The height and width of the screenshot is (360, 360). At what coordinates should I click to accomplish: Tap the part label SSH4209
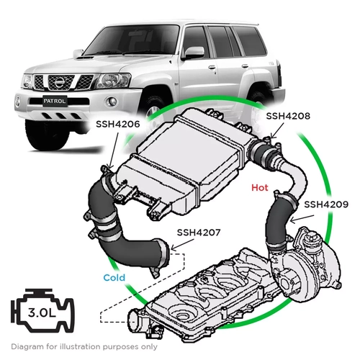tap(326, 204)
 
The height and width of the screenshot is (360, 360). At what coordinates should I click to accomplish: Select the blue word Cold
tap(114, 277)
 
